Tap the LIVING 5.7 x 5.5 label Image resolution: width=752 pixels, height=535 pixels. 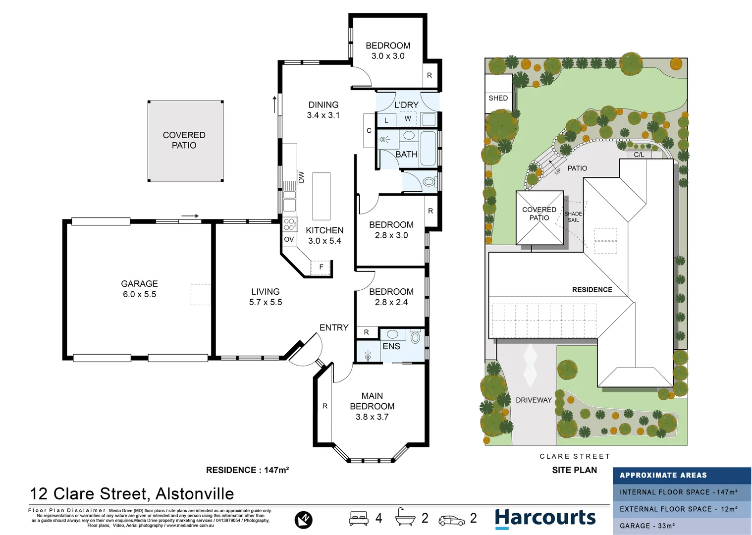click(266, 297)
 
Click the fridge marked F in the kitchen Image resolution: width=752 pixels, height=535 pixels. click(321, 267)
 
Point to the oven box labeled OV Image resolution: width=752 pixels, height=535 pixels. click(289, 239)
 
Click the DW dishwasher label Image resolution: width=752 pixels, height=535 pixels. click(301, 177)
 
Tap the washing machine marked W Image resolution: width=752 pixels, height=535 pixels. click(408, 119)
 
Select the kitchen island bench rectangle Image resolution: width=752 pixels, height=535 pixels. click(321, 196)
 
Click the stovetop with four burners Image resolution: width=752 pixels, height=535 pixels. click(289, 224)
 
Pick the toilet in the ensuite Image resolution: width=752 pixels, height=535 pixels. click(415, 338)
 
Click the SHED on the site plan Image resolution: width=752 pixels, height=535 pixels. click(498, 98)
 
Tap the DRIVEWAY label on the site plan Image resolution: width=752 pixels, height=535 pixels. click(534, 400)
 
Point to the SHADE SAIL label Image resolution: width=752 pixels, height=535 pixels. click(573, 217)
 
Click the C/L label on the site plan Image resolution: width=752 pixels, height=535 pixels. click(639, 155)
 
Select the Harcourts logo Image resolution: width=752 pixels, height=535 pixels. click(545, 518)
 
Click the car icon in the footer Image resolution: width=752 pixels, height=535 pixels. click(451, 520)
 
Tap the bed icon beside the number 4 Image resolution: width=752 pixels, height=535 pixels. click(359, 518)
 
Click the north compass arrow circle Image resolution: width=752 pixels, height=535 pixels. click(303, 520)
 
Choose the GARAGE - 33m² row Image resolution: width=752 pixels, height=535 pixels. click(682, 526)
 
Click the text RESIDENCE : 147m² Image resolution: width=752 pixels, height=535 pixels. click(247, 470)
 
